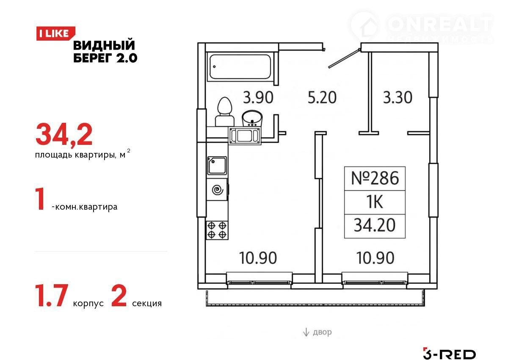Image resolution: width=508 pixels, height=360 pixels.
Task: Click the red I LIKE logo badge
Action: (55, 33)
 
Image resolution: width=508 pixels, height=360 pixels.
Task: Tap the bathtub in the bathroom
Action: (240, 66)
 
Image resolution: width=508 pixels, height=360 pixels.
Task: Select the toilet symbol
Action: (224, 112)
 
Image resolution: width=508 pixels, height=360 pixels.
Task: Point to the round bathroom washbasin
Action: (252, 118)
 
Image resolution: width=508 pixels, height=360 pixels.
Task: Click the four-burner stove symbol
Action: (217, 230)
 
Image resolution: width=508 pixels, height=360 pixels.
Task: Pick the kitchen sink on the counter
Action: (217, 166)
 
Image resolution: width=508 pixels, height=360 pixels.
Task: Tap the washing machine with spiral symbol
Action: (217, 190)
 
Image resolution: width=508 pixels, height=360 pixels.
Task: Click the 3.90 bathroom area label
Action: (258, 97)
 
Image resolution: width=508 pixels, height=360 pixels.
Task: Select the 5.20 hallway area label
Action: (322, 97)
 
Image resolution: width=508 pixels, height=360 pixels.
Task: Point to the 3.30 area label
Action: (398, 97)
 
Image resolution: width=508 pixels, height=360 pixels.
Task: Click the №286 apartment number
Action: (375, 178)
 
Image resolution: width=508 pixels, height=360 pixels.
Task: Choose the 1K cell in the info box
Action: (375, 202)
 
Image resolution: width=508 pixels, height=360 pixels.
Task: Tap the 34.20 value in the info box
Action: (375, 225)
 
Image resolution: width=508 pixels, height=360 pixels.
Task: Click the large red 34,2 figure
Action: (64, 135)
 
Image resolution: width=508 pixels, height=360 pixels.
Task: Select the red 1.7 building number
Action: (52, 296)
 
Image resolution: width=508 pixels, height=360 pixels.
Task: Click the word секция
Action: (147, 304)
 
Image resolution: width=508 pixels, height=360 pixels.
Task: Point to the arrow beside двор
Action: (306, 332)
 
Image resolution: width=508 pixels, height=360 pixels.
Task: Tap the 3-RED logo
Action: (449, 353)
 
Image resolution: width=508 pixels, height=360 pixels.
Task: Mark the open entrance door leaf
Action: (344, 58)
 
